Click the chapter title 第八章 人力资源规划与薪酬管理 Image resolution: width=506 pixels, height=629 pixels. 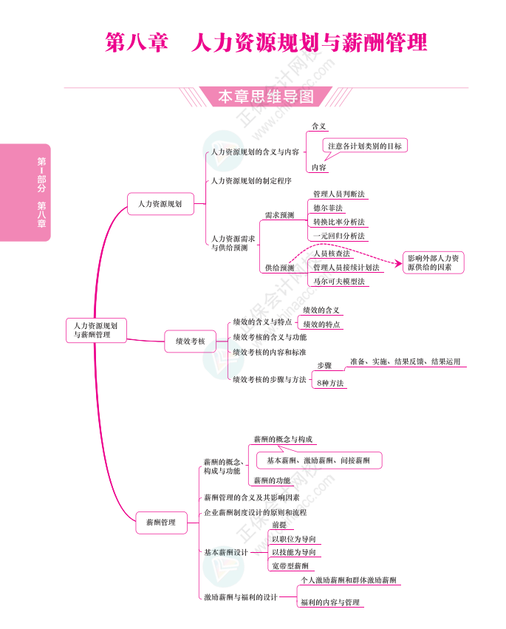(266, 42)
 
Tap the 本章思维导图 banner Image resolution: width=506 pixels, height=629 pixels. (265, 97)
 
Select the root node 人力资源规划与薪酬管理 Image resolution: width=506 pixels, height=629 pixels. (96, 330)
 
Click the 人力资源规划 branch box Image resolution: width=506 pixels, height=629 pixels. (160, 203)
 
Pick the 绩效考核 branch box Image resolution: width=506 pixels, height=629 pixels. (190, 341)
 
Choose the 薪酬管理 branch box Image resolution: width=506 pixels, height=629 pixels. (157, 523)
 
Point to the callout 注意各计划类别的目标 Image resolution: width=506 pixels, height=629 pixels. (365, 146)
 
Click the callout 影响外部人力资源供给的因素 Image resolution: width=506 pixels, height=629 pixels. (434, 262)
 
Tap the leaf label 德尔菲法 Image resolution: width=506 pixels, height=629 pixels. (327, 208)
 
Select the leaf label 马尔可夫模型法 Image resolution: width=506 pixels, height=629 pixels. (338, 282)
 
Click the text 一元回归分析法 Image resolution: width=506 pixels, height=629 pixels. (338, 236)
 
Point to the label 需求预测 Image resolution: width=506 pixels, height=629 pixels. (279, 215)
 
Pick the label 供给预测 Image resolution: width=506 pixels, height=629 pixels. (279, 268)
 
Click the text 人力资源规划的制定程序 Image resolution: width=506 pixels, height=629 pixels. (251, 180)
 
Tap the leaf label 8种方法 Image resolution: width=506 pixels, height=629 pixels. (329, 383)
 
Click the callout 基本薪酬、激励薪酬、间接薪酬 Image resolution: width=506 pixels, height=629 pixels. (318, 460)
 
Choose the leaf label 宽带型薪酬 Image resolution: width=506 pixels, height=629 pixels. (290, 565)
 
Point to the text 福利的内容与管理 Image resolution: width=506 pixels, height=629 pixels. (330, 602)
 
